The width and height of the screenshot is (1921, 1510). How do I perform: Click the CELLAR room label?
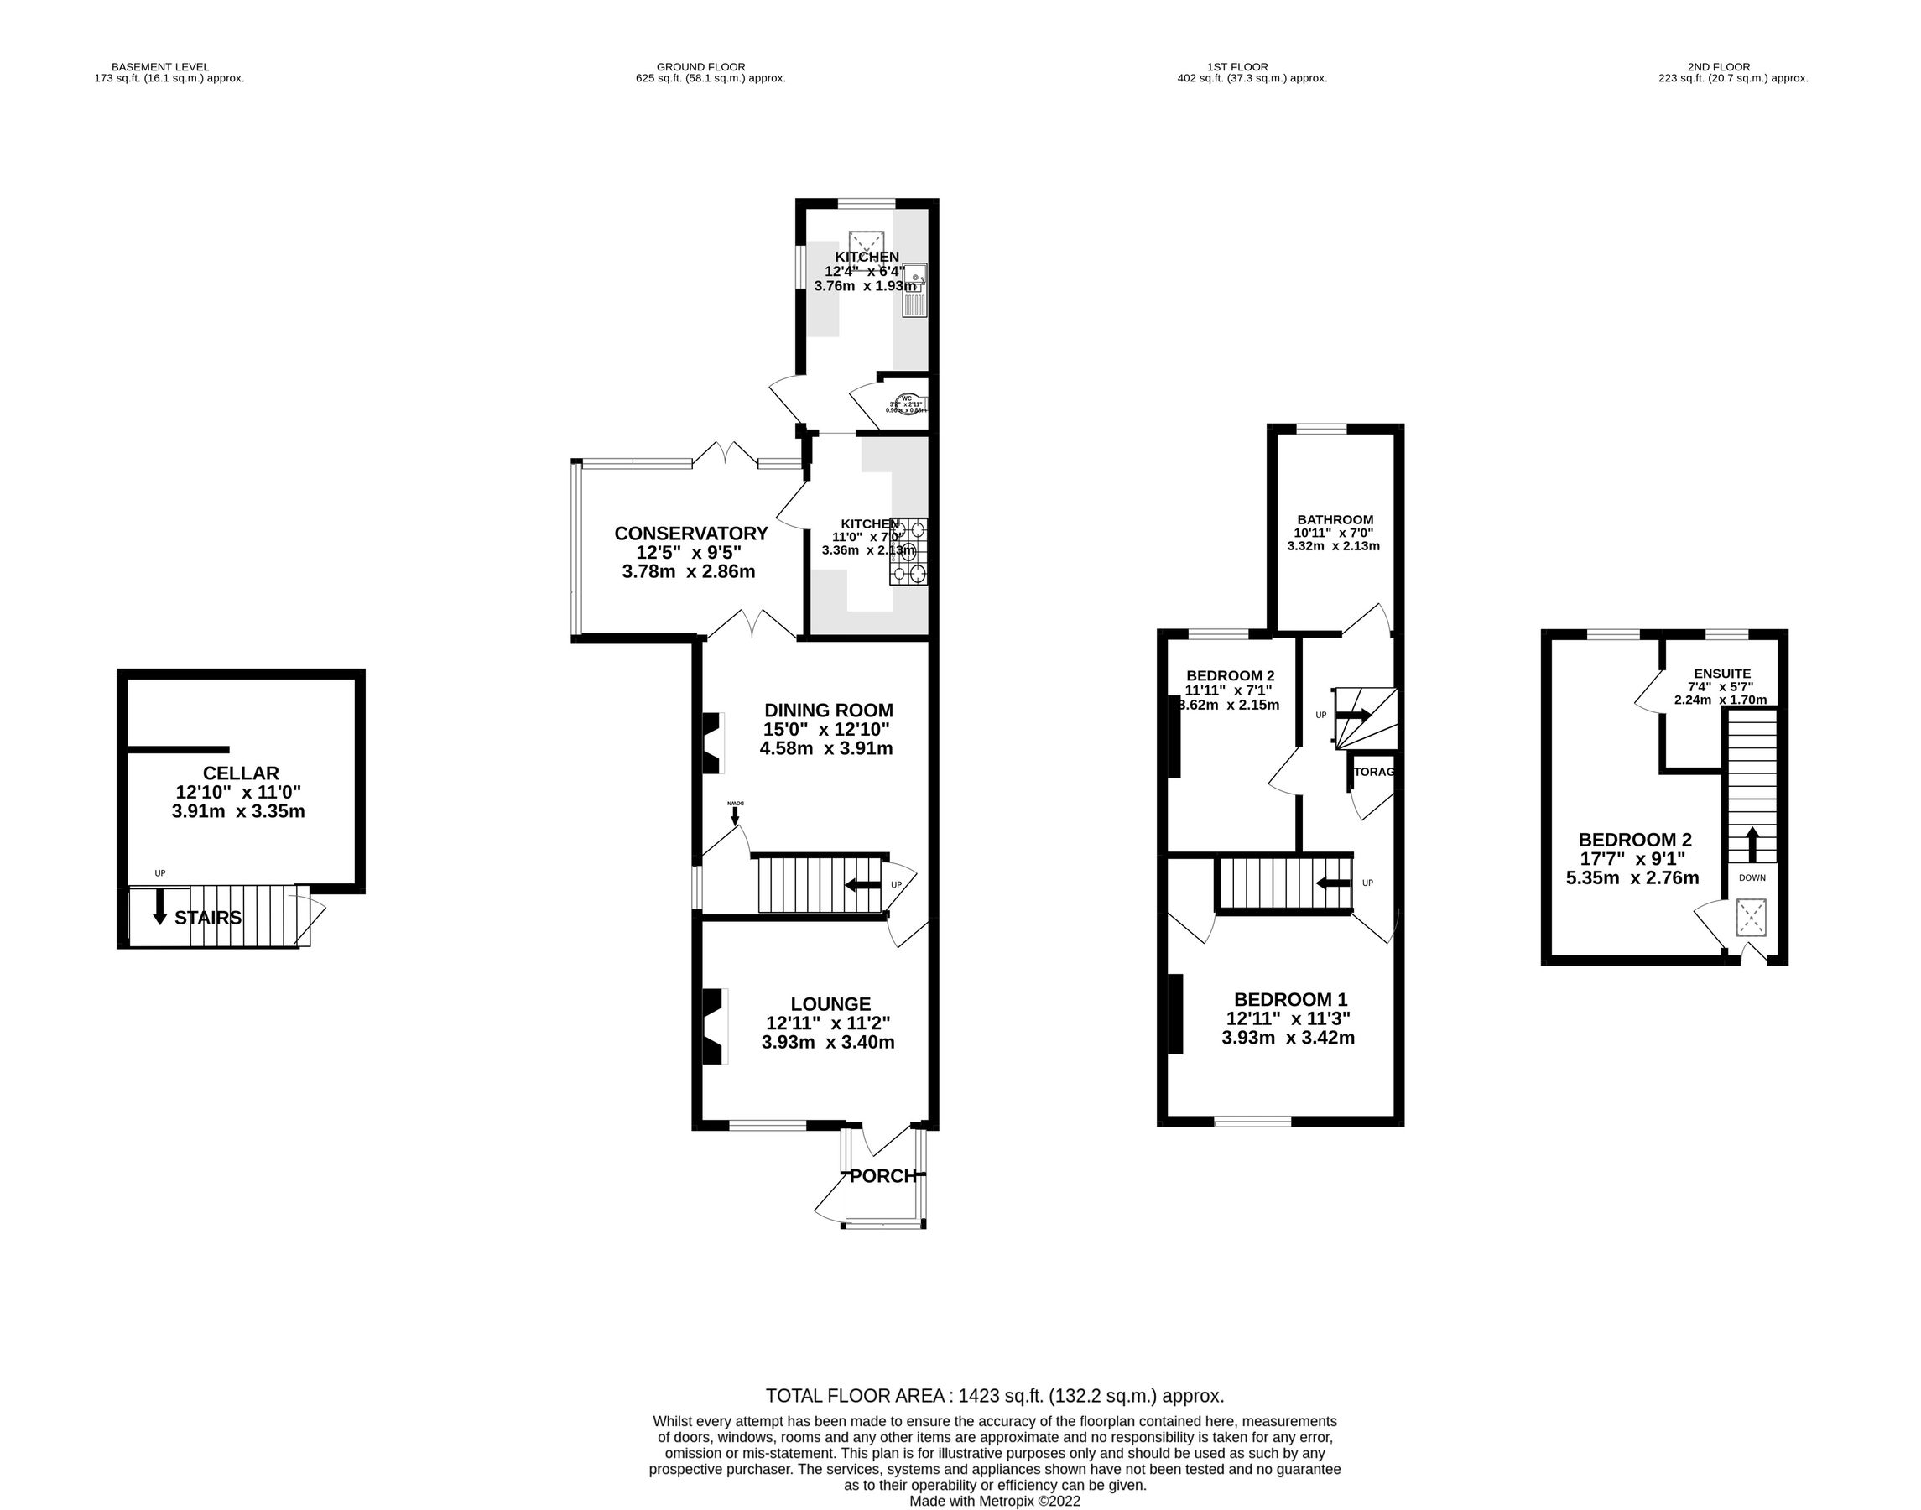click(241, 773)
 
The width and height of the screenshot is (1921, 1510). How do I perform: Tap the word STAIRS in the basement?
click(208, 918)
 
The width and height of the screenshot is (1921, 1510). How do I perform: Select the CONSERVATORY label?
click(690, 533)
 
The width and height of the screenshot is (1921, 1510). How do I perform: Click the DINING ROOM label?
click(828, 710)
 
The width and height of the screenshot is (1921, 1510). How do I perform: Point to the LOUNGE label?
click(830, 1003)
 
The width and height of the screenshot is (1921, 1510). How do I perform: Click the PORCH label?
click(882, 1176)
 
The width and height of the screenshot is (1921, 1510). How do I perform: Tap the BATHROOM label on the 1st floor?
click(1335, 520)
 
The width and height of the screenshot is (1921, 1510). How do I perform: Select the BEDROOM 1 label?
click(1290, 999)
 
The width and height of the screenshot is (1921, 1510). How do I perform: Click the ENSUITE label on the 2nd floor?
click(1722, 673)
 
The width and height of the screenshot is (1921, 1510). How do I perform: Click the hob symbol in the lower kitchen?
click(908, 552)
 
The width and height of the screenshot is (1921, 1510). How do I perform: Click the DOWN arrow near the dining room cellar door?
click(736, 815)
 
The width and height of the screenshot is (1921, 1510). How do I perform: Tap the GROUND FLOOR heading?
click(700, 66)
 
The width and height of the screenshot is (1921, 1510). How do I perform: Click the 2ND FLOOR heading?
click(1718, 66)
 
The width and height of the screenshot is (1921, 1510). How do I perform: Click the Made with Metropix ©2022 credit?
click(995, 1501)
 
